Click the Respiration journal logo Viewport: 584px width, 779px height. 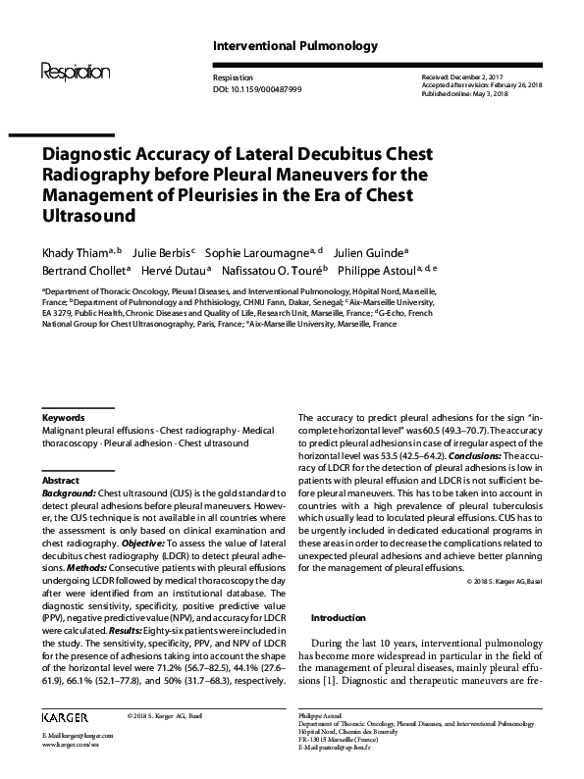point(76,71)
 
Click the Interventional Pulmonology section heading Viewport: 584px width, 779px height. point(281,46)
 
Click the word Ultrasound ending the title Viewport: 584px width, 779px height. point(86,214)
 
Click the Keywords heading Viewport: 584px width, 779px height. point(64,417)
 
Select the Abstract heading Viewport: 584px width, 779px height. point(61,481)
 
